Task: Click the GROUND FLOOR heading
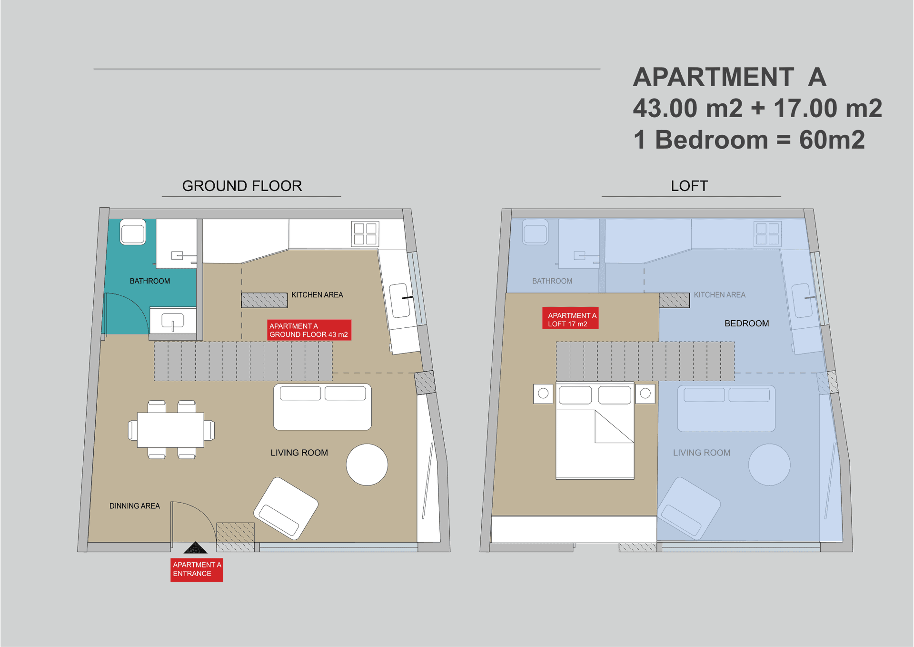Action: coord(242,186)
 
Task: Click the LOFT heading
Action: coord(689,186)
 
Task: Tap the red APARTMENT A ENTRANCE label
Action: coord(197,569)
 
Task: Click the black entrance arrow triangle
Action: coord(195,548)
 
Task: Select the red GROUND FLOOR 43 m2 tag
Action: coord(309,330)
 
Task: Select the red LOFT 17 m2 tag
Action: coord(570,318)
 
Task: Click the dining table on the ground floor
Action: coord(170,430)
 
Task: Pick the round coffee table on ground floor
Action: coord(367,465)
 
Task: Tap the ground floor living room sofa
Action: coord(322,407)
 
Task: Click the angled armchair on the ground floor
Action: coord(286,508)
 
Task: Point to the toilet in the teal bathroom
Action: coord(133,232)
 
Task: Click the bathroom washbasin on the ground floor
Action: coord(172,321)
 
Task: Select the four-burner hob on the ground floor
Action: coord(365,234)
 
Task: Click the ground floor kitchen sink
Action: coord(399,301)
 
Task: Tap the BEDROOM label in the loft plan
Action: coord(746,323)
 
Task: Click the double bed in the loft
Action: coord(595,430)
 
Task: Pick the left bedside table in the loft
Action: coord(543,394)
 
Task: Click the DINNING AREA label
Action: coord(135,506)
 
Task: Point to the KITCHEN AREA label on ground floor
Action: coord(317,295)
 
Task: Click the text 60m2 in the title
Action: coord(832,140)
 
